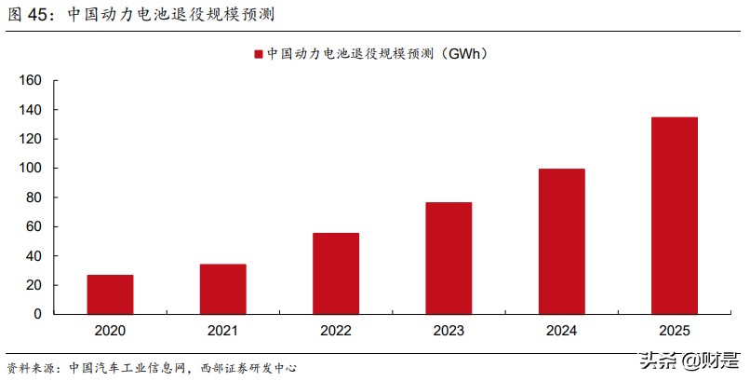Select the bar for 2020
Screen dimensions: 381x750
[110, 294]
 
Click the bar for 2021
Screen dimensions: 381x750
[222, 289]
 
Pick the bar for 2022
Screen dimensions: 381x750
[336, 273]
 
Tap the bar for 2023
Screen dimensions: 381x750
[449, 258]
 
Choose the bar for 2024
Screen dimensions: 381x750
[561, 241]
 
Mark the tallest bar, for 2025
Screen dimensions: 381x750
[675, 215]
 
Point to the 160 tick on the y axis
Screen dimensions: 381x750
[31, 81]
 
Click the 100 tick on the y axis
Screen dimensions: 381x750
[31, 169]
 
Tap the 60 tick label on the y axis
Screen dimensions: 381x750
[34, 226]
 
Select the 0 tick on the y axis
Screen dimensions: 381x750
[38, 314]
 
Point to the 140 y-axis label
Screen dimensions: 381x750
[31, 110]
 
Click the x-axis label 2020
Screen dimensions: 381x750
[110, 331]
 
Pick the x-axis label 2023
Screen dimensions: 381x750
[449, 331]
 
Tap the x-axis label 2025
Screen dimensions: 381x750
[675, 331]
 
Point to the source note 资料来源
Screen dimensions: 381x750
[33, 367]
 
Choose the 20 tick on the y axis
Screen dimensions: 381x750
[34, 285]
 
